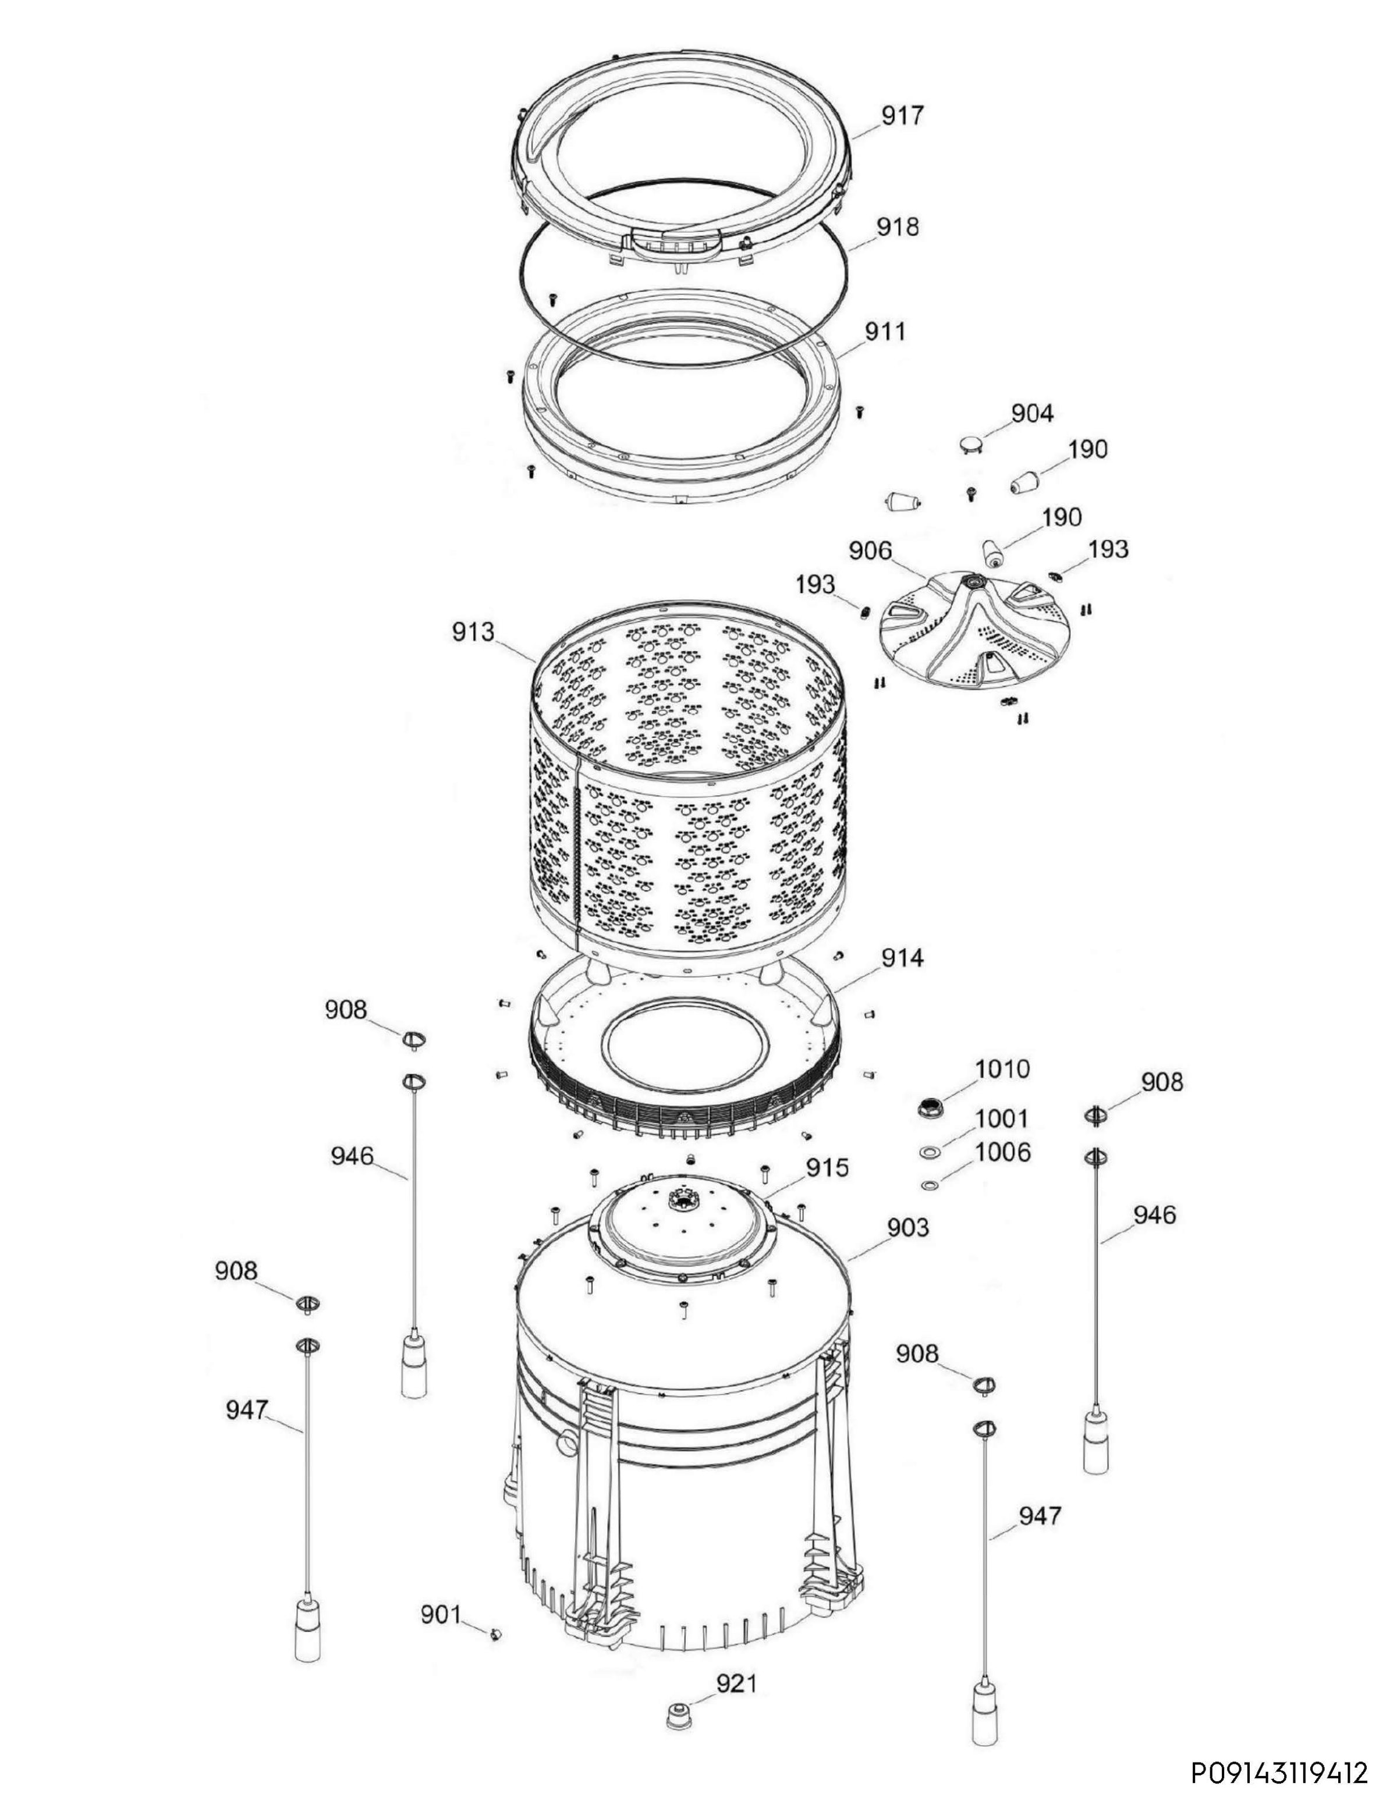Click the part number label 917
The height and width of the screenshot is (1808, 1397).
click(902, 115)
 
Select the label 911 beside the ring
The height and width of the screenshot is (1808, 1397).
click(885, 331)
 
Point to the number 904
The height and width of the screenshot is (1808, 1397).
click(1032, 413)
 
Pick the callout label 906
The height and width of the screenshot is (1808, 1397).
click(870, 551)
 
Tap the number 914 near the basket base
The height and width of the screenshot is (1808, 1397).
click(902, 958)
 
